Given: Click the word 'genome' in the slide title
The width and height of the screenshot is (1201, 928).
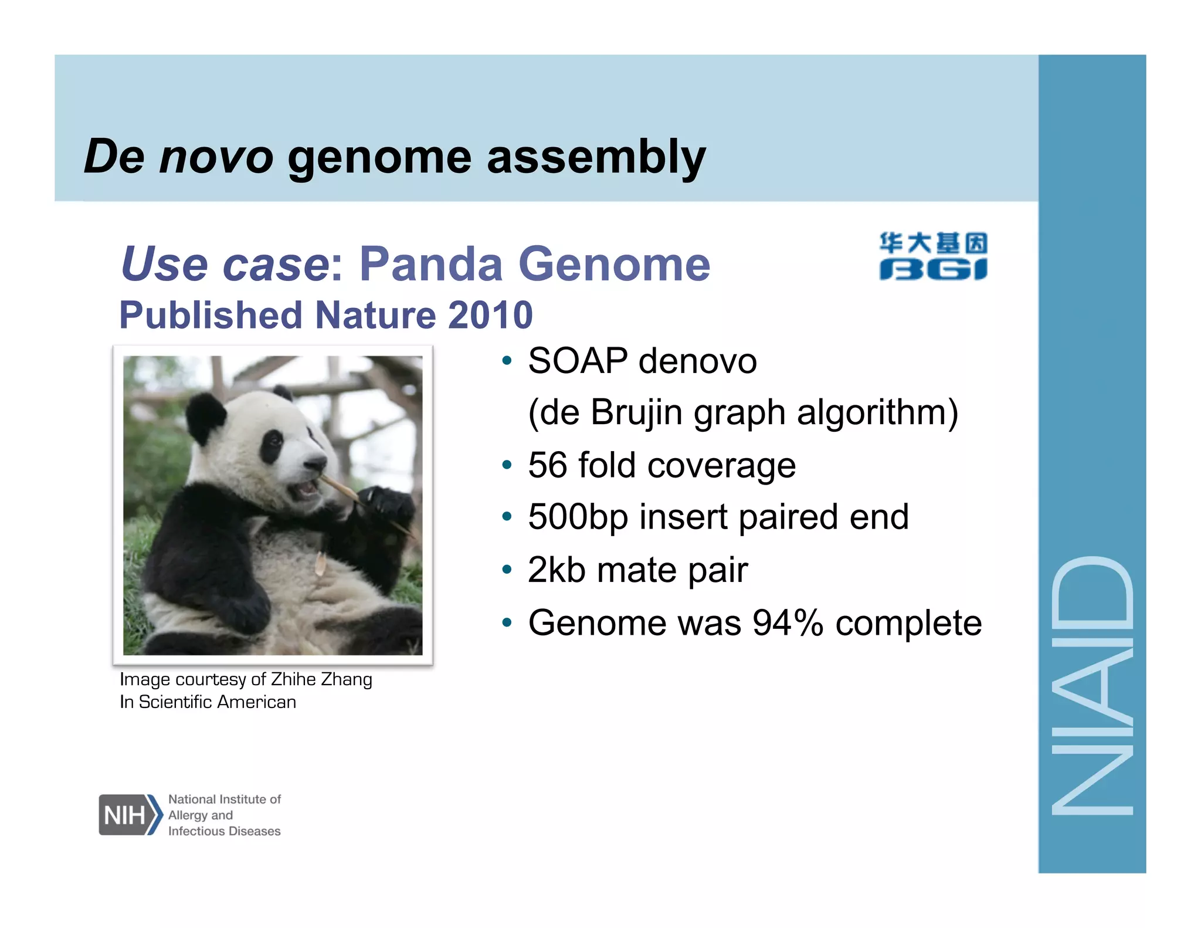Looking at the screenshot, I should (379, 157).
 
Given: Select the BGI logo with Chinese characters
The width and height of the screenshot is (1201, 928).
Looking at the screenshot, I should (932, 256).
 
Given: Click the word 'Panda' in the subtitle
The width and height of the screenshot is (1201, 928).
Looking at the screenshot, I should (431, 264).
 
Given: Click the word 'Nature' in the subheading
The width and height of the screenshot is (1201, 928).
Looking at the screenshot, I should (376, 315).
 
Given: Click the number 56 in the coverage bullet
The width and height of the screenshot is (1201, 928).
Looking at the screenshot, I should (547, 465).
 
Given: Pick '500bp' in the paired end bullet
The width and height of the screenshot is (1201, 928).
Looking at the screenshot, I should (578, 517).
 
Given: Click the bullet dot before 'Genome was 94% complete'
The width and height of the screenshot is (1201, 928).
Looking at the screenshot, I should (507, 622).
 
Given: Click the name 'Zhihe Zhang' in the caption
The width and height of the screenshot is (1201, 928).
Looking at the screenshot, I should (321, 679).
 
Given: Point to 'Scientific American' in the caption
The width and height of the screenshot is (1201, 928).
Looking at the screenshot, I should (217, 702).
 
